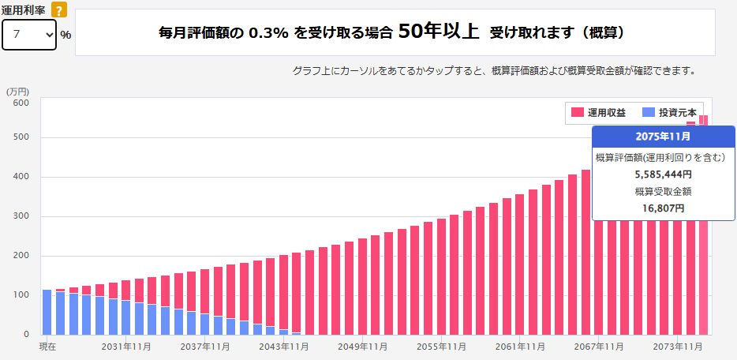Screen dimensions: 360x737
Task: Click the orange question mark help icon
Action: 58,9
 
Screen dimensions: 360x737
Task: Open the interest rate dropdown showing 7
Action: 29,35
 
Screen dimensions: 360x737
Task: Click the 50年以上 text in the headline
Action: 439,32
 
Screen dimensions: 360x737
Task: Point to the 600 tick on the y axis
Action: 21,103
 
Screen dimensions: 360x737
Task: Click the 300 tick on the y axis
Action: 21,216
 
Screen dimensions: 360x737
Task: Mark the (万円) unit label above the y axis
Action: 18,92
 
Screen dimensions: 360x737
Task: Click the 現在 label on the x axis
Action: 48,347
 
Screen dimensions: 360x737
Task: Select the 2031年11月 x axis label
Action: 125,347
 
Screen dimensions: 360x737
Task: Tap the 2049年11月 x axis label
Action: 362,347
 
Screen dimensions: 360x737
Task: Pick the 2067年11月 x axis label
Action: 599,347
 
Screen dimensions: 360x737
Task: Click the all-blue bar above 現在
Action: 47,312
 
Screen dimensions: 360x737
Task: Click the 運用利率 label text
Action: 23,9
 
